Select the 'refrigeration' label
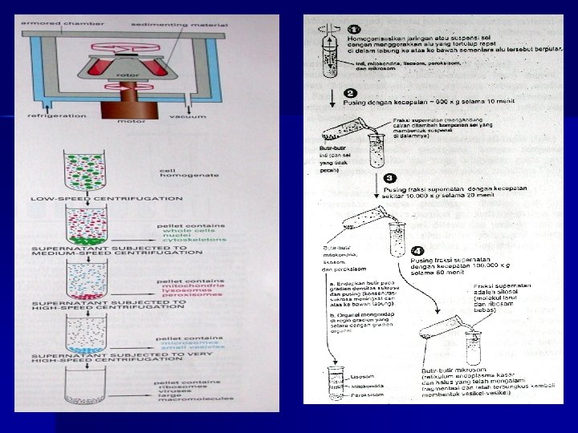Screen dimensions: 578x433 [57, 115]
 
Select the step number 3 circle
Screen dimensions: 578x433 [389, 177]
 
